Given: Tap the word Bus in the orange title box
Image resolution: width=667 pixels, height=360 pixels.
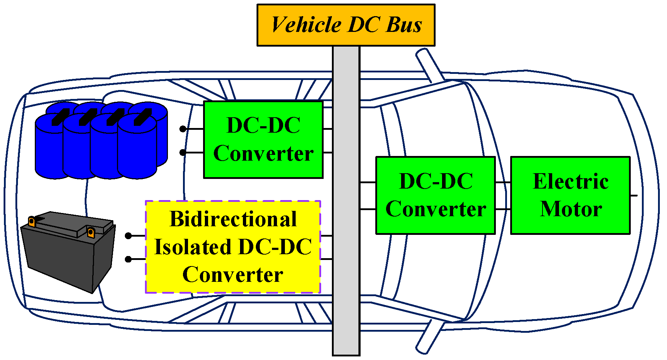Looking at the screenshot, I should pos(404,25).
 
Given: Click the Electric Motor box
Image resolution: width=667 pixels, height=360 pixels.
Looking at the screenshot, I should pos(570,195).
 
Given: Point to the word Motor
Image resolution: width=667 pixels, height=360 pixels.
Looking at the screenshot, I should pos(571,209).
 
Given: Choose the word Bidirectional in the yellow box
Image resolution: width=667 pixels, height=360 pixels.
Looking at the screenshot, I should pos(233,219).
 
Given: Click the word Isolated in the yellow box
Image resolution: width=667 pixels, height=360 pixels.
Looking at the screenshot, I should pos(193,247).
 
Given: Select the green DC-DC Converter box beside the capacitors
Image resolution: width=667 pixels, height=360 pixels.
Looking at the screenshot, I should pos(263,139).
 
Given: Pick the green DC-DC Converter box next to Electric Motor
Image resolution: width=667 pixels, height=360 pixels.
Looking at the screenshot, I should pos(435,195).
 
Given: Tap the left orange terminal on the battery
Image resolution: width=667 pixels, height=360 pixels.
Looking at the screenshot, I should pos(32,222).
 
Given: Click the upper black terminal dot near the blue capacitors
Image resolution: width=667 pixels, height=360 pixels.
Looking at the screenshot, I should pos(183,129).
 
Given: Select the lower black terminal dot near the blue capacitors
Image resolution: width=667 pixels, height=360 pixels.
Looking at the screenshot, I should pos(183,152).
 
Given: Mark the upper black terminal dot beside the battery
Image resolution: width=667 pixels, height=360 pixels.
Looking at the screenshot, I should pos(128,236).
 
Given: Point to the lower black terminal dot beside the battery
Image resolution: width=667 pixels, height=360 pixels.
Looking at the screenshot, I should pos(128,259).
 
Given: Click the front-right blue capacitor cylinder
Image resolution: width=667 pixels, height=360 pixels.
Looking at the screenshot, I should pos(137,151).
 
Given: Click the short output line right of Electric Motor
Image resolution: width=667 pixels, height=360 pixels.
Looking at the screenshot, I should pos(634,195).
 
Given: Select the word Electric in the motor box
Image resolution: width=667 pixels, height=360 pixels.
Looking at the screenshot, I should pos(571,181).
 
